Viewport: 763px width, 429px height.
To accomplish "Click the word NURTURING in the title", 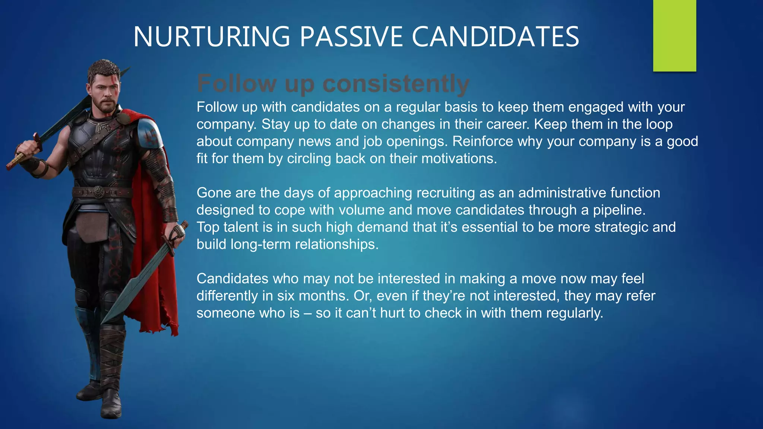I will coord(211,37).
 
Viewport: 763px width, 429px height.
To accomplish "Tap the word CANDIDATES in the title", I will coord(495,37).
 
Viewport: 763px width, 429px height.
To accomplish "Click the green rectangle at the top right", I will coord(674,35).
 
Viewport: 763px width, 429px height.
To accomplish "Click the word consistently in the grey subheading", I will coord(396,83).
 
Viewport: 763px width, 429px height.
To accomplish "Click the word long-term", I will coord(261,244).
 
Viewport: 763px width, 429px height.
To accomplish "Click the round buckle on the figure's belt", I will coord(98,192).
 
